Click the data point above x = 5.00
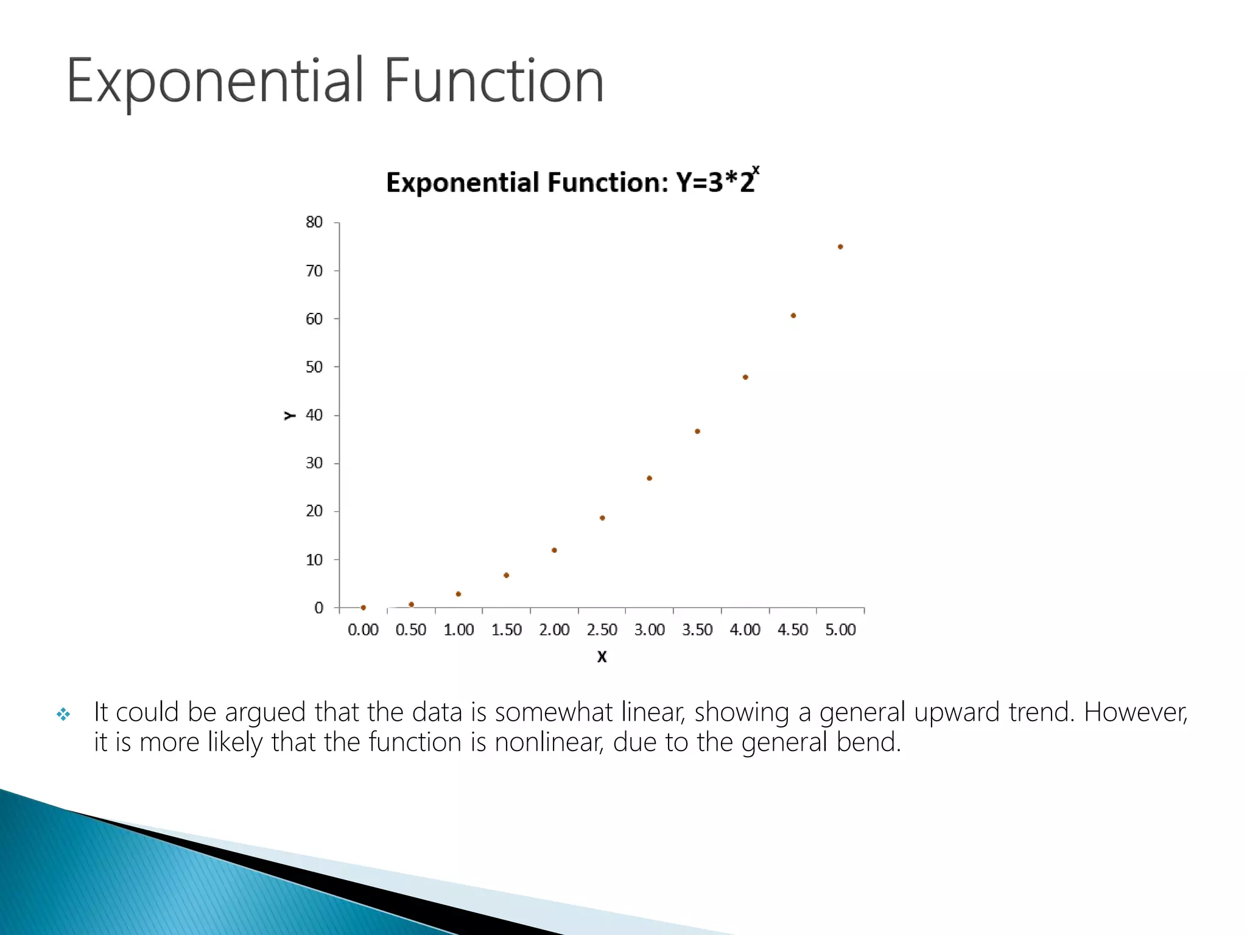click(840, 247)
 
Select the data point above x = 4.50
click(793, 315)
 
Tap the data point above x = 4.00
click(745, 377)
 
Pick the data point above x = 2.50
click(602, 518)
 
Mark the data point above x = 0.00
click(363, 608)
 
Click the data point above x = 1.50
click(506, 575)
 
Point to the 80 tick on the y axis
click(314, 222)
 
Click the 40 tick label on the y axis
click(314, 415)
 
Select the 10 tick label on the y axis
click(314, 559)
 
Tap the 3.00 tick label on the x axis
click(650, 630)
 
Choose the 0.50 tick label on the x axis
click(411, 630)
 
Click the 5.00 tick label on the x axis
click(840, 630)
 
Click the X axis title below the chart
click(602, 657)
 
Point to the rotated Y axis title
click(290, 416)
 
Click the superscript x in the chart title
click(756, 170)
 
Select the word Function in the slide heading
click(494, 81)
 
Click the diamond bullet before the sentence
click(63, 714)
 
